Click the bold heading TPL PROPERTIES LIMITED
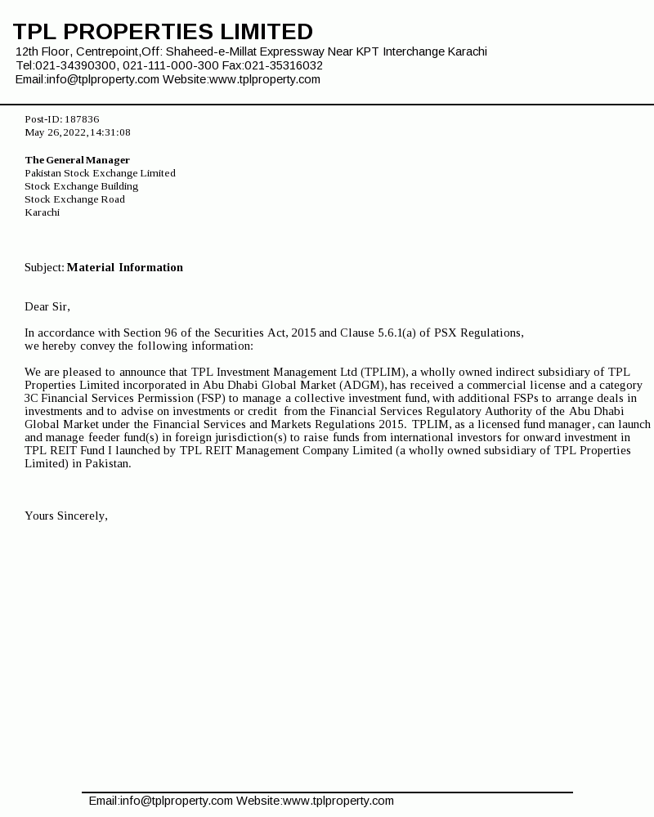point(163,32)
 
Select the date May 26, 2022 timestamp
point(78,132)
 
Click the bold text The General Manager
point(78,160)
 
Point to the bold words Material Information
point(125,267)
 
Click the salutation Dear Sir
point(47,306)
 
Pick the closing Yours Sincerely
point(66,516)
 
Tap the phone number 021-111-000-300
point(171,65)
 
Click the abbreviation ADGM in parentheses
point(363,385)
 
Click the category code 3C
point(31,398)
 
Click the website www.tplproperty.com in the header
point(265,79)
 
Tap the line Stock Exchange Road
point(74,199)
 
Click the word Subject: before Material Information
point(44,267)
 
